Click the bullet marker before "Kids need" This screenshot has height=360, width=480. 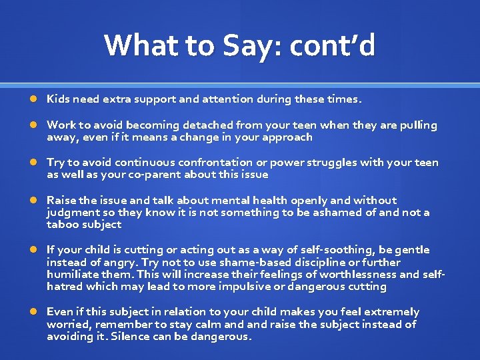click(33, 99)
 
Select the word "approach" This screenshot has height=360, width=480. click(285, 137)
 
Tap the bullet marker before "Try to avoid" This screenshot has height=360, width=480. click(33, 163)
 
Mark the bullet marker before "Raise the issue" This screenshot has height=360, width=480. click(33, 200)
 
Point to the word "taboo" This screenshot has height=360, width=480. click(62, 225)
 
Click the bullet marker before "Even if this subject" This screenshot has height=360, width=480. click(33, 312)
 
